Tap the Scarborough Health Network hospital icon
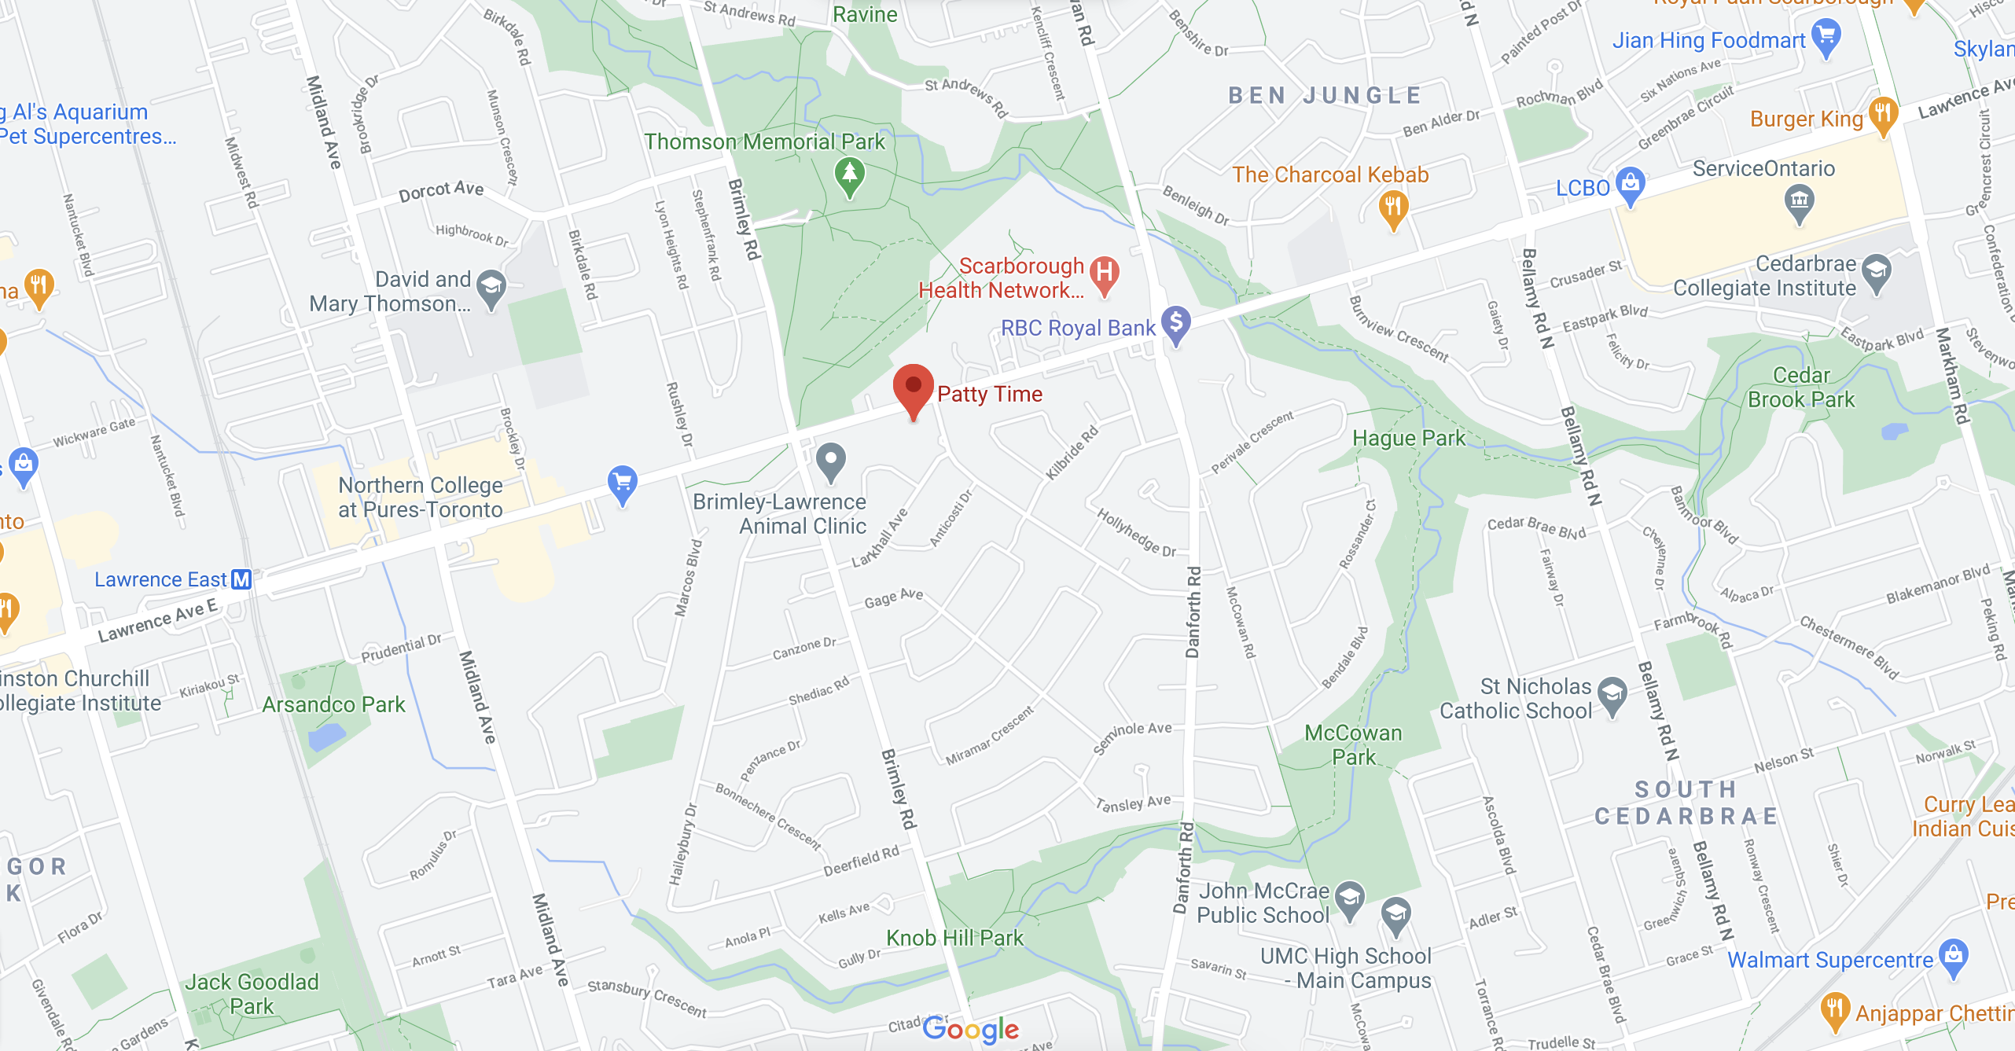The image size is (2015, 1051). pos(1105,274)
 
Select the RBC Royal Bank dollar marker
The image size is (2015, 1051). pos(1176,322)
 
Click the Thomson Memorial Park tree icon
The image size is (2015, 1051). pos(850,174)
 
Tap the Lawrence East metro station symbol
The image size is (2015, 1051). pos(241,579)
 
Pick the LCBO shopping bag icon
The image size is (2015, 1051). pos(1631,184)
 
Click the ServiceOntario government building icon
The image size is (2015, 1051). pos(1799,200)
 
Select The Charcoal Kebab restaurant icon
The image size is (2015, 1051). pos(1393,208)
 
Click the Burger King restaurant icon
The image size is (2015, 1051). pos(1883,114)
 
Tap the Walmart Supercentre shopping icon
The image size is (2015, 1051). pos(1954,956)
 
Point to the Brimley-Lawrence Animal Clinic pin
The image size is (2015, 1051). pos(830,460)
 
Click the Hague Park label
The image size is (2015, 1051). pos(1409,438)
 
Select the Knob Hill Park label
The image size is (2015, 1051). pos(954,938)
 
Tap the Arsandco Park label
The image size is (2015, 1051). pos(333,704)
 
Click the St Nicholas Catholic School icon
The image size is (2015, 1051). pos(1612,694)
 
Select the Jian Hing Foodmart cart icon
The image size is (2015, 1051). pos(1826,36)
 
